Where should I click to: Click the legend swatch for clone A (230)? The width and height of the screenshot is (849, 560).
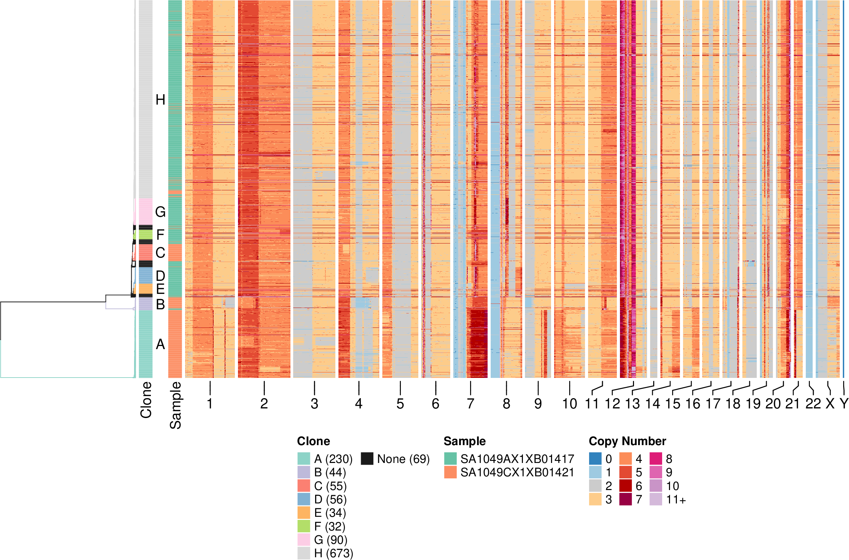coord(303,458)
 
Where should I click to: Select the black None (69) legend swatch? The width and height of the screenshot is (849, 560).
coord(367,458)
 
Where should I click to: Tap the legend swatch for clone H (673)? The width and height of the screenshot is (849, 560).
coord(303,553)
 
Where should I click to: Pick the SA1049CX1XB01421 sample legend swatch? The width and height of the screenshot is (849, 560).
coord(450,472)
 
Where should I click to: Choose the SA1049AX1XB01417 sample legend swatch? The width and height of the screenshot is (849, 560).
coord(450,458)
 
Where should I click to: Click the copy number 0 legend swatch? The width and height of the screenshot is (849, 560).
coord(595,458)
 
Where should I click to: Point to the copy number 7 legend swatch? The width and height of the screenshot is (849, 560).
coord(625,499)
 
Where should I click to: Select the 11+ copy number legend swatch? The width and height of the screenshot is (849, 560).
coord(656,499)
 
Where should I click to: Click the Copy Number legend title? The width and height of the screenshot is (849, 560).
coord(627,441)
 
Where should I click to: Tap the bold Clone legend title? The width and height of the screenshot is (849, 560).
coord(313,441)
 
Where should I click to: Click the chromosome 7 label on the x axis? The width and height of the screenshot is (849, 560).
coord(470,404)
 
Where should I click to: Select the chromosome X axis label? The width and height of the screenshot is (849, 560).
coord(830,404)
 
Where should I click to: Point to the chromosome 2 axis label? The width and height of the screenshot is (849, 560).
coord(264,404)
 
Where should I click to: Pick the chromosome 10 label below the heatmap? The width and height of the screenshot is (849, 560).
coord(569,404)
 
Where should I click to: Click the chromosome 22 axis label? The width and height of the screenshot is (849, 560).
coord(813,404)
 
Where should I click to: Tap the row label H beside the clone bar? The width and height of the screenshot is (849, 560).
coord(160,100)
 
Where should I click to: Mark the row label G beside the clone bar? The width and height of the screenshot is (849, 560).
coord(160,212)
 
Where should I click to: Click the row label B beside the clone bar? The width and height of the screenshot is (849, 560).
coord(160,304)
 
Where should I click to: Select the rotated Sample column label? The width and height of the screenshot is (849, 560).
coord(175,405)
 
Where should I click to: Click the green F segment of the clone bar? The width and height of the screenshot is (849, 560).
coord(145,235)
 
